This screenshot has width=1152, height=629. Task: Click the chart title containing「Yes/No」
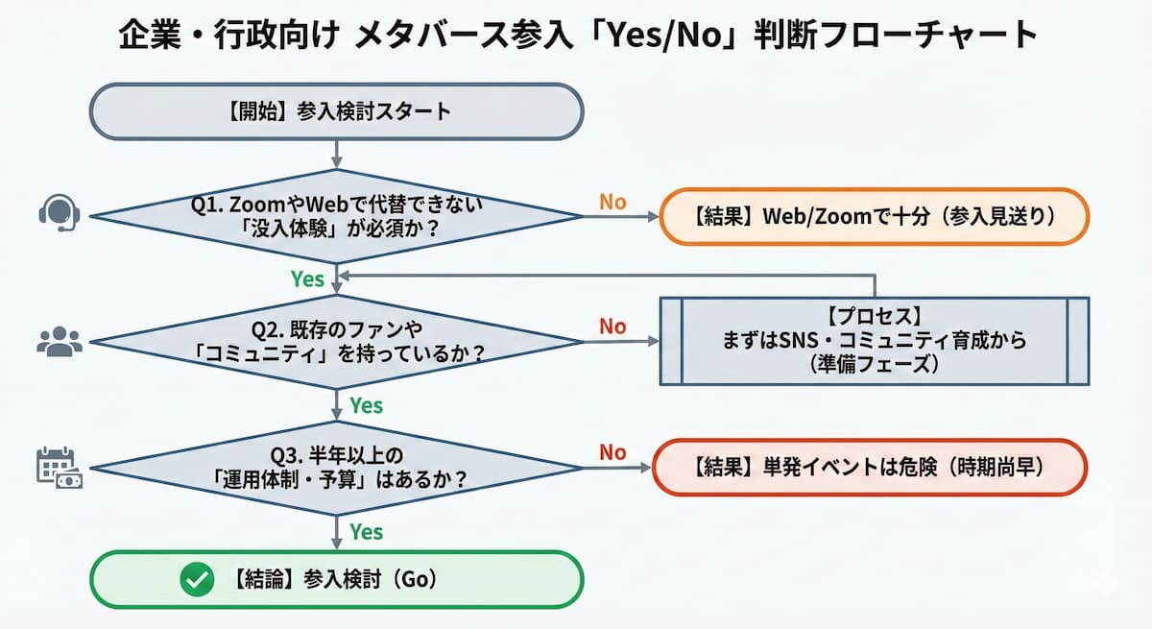577,36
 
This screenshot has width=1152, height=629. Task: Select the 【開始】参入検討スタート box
336,111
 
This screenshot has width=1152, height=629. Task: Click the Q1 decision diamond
336,215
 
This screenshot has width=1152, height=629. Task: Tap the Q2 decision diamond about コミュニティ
336,341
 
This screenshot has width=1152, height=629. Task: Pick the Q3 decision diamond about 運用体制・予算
336,467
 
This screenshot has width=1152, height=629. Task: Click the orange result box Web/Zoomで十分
874,215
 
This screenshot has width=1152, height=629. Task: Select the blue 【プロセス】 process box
874,341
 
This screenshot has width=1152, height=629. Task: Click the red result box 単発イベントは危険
869,468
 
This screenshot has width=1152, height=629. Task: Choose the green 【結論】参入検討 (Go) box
336,580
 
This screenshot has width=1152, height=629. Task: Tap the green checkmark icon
197,580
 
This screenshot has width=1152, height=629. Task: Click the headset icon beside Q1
60,213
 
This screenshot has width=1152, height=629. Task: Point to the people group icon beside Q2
60,341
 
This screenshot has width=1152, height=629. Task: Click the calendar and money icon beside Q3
60,467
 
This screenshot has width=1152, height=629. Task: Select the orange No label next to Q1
612,202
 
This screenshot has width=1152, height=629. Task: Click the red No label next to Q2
612,327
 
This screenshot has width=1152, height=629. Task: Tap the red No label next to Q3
612,452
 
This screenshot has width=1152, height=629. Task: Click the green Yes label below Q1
307,279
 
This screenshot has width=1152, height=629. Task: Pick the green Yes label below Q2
366,405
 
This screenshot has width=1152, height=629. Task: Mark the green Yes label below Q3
366,531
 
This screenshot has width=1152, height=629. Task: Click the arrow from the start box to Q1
336,154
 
